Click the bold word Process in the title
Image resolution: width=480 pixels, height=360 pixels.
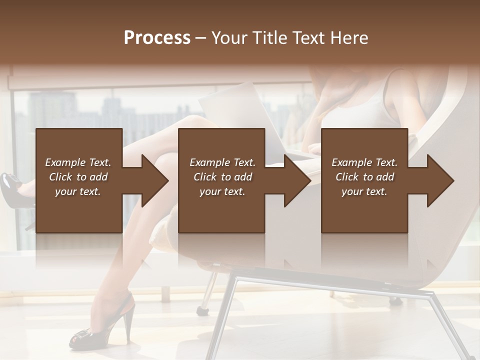157,38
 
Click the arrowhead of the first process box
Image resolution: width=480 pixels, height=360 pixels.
155,180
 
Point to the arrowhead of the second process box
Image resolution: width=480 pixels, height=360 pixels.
297,180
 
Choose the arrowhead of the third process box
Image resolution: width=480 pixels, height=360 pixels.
440,180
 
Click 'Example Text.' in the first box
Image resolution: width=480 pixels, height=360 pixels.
78,162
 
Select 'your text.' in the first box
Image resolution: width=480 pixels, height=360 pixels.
78,191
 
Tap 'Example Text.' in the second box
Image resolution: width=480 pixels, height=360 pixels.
222,162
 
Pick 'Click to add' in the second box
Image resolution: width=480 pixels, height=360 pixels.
222,177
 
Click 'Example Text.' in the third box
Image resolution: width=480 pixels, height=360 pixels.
364,162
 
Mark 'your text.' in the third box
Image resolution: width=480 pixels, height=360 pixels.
364,191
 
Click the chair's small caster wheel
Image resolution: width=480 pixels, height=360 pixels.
202,310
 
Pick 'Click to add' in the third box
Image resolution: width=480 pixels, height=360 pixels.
364,177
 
